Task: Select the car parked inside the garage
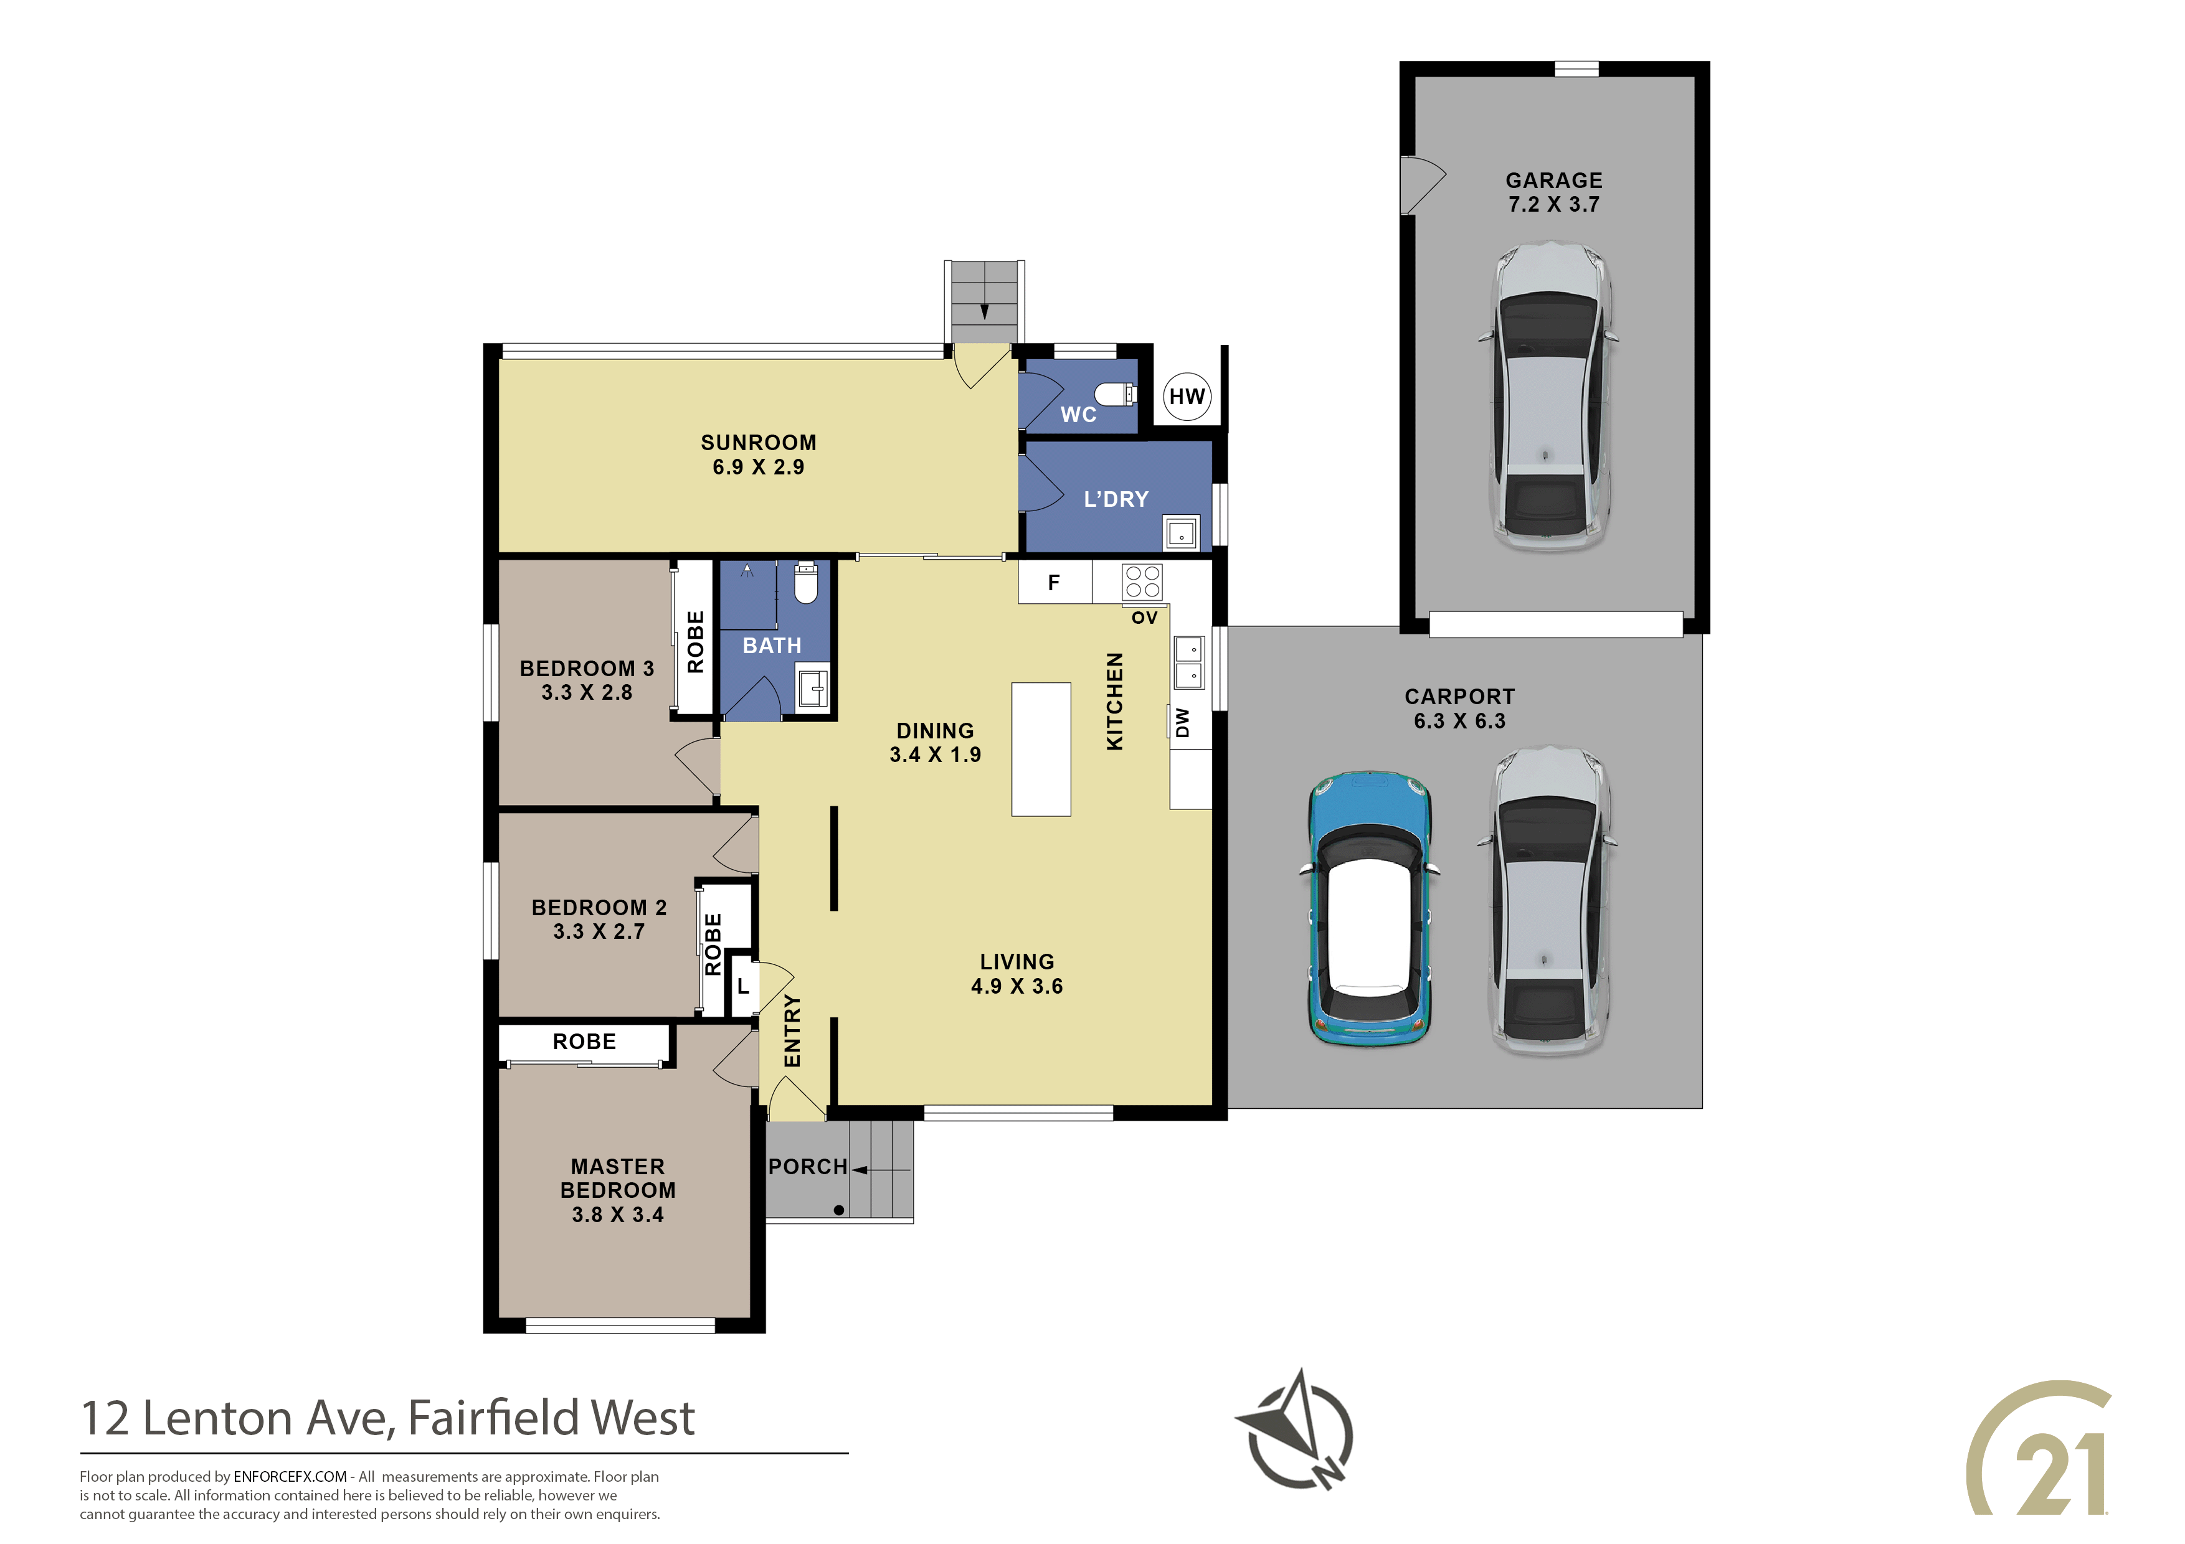tap(1549, 397)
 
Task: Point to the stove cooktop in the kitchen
tap(1142, 581)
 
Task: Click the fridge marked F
tap(1055, 582)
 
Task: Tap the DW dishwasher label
tap(1183, 723)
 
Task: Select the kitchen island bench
tap(1041, 749)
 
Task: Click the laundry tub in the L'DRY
tap(1181, 533)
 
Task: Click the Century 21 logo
tap(2039, 1462)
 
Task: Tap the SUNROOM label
tap(759, 443)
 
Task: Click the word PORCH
tap(808, 1166)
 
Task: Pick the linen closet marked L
tap(742, 987)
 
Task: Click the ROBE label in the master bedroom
tap(584, 1042)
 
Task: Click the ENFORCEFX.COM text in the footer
tap(290, 1477)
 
